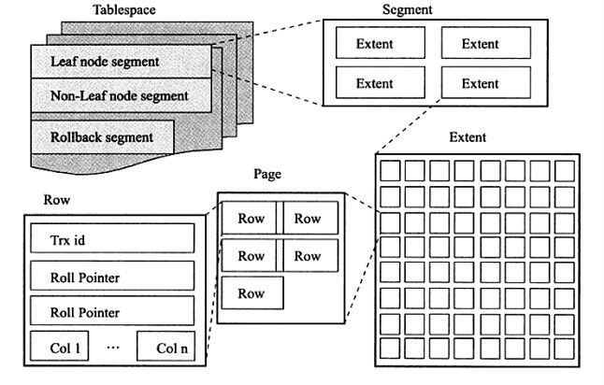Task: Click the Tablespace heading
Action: click(124, 9)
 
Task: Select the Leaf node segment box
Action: click(122, 62)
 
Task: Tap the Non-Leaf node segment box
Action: click(122, 95)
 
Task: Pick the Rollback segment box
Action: click(103, 137)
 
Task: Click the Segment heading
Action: click(407, 9)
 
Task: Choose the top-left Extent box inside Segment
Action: click(381, 43)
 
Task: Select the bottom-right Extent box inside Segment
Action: click(486, 82)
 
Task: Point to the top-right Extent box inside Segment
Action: click(486, 43)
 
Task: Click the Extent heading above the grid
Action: click(467, 137)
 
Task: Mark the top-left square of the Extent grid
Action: click(390, 171)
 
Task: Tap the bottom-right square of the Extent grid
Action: click(565, 349)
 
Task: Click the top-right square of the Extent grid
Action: click(565, 171)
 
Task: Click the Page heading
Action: click(267, 174)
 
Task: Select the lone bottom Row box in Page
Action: click(252, 293)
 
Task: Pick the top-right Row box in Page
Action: click(310, 218)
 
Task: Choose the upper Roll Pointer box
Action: click(112, 276)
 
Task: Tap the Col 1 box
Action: click(59, 346)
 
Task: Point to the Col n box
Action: click(165, 346)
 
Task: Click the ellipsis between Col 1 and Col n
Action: click(113, 348)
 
